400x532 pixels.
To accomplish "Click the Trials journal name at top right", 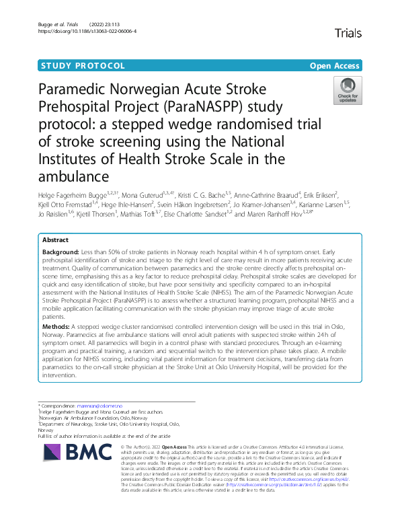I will tap(348, 33).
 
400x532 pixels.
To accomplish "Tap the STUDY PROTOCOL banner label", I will tap(83, 66).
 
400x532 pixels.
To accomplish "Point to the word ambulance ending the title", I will tap(71, 178).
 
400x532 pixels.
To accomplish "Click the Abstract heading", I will tap(55, 240).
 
